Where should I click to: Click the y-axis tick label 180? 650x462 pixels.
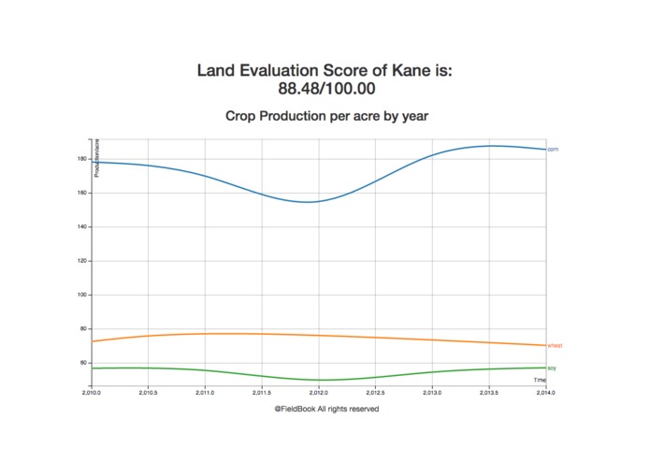(x=82, y=159)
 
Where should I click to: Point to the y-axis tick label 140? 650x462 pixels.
(x=82, y=227)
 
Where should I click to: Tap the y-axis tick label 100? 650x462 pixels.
(x=82, y=295)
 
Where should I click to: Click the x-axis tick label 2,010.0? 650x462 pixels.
(x=92, y=392)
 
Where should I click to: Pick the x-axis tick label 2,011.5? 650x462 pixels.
(x=262, y=392)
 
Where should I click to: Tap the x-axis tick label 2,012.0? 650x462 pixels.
(x=319, y=392)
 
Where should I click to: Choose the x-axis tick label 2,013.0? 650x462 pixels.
(x=432, y=392)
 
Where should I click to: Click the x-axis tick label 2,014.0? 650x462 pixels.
(x=545, y=392)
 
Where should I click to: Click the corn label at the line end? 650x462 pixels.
(x=553, y=150)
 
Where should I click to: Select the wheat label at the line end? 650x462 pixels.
(x=555, y=346)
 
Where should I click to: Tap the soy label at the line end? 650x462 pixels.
(x=552, y=368)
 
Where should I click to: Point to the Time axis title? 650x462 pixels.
(x=540, y=380)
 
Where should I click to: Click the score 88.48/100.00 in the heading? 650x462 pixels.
(x=325, y=89)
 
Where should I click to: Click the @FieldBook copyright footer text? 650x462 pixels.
(x=326, y=409)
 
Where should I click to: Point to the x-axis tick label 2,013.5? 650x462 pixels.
(x=488, y=392)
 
